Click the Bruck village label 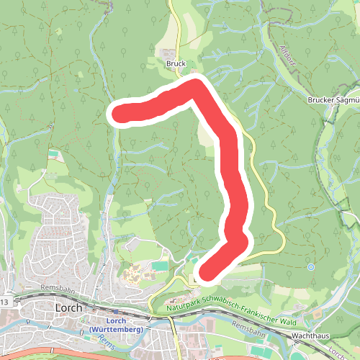pos(176,63)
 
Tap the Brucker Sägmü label pos(333,100)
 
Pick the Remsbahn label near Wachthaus pos(250,328)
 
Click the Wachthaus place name pos(312,336)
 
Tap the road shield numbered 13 pos(4,301)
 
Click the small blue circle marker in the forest pos(312,266)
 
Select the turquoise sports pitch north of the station pos(160,266)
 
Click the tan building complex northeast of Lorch pos(135,274)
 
